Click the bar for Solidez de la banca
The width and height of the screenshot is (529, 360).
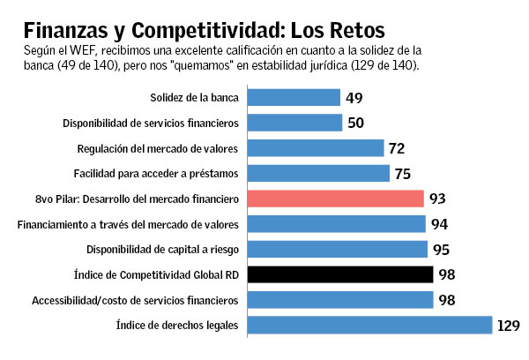[x=294, y=97]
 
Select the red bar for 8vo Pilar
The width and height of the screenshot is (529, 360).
[x=335, y=199]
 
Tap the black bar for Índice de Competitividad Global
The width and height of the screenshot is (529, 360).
[x=339, y=274]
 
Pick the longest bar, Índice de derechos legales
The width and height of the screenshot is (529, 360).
[x=369, y=326]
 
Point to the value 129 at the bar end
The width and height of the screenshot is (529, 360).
[x=509, y=326]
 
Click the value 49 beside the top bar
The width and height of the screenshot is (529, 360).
[x=354, y=97]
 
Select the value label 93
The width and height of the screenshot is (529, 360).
[x=438, y=199]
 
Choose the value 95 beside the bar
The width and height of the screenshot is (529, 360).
[x=442, y=249]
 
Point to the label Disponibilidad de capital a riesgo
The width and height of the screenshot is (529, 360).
[x=162, y=249]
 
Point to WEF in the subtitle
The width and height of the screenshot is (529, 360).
[x=68, y=49]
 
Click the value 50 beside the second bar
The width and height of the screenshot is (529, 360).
[x=356, y=123]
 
